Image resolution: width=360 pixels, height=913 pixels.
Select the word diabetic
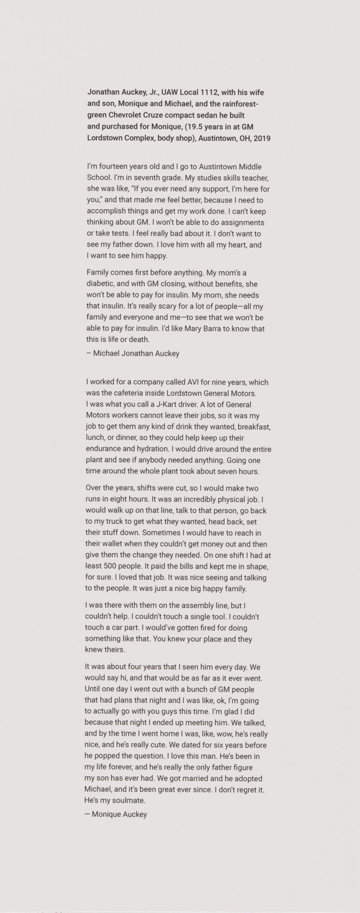(101, 283)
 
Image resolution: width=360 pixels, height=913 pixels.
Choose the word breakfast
(244, 428)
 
